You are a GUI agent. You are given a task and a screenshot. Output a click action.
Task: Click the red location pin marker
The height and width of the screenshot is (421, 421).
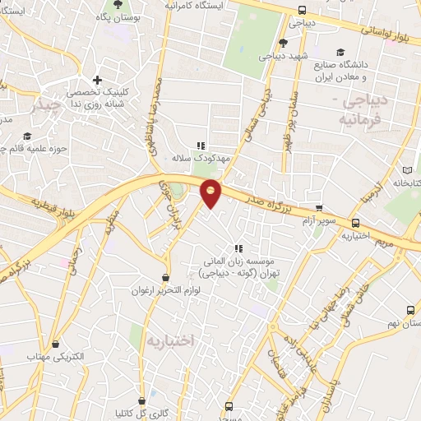pyautogui.click(x=211, y=192)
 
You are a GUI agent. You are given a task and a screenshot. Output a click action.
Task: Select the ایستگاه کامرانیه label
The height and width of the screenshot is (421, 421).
pyautogui.click(x=195, y=5)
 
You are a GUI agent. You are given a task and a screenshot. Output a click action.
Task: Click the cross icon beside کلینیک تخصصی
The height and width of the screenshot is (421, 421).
pyautogui.click(x=97, y=81)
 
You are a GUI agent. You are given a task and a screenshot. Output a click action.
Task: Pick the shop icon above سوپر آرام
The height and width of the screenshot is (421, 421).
pyautogui.click(x=319, y=208)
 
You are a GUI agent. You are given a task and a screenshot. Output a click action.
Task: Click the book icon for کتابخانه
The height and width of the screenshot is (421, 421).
pyautogui.click(x=406, y=170)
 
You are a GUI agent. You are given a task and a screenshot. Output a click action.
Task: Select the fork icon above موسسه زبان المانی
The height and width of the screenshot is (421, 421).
pyautogui.click(x=238, y=248)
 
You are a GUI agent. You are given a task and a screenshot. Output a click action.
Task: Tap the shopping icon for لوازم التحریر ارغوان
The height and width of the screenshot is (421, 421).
pyautogui.click(x=167, y=278)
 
